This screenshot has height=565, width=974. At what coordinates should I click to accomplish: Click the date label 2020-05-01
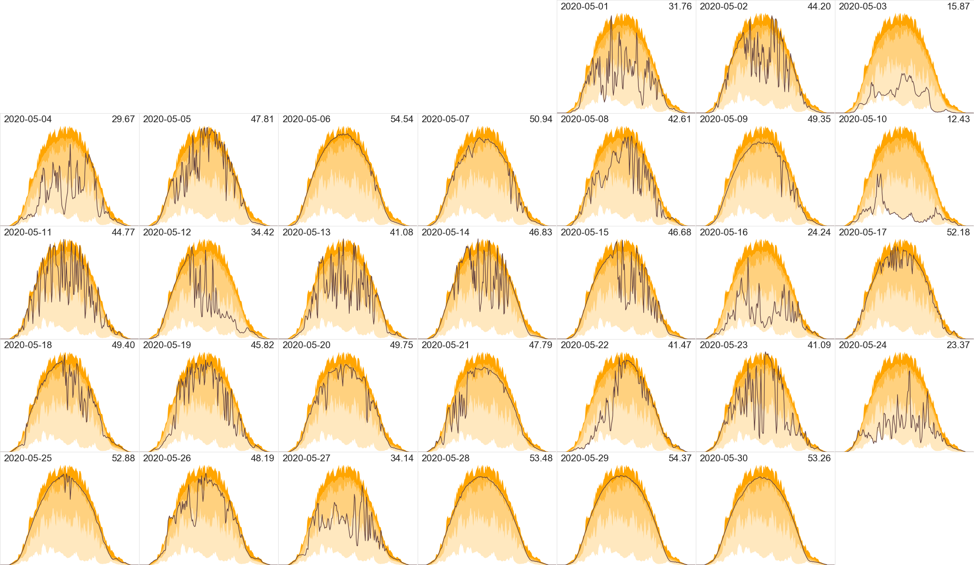coord(584,6)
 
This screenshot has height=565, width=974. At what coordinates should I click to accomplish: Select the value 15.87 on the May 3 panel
coord(958,6)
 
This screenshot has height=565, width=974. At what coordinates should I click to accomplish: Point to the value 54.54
coord(402,119)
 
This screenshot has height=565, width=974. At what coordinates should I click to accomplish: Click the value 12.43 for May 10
coord(958,119)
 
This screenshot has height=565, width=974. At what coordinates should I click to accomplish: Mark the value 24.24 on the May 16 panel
coord(819,232)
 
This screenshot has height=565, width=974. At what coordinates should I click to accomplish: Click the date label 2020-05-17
coord(863,232)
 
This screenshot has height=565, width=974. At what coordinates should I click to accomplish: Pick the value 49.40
coord(123,345)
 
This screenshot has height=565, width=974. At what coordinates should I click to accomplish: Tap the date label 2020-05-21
coord(445,345)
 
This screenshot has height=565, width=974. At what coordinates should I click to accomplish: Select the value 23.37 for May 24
coord(958,345)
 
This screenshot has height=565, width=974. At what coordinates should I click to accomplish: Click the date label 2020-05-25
coord(28,458)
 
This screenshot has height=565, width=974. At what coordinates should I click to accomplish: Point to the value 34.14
coord(402,458)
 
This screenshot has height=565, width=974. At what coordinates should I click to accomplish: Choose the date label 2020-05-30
coord(723,458)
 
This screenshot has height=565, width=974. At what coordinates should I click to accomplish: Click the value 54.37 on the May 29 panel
coord(680,458)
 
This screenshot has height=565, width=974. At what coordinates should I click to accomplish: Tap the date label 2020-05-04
coord(28,119)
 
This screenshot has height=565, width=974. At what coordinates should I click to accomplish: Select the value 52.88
coord(123,458)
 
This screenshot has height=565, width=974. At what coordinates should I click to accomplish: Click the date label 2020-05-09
coord(723,119)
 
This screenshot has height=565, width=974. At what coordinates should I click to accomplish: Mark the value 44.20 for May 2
coord(819,6)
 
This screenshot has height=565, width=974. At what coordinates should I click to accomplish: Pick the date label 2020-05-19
coord(167,345)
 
